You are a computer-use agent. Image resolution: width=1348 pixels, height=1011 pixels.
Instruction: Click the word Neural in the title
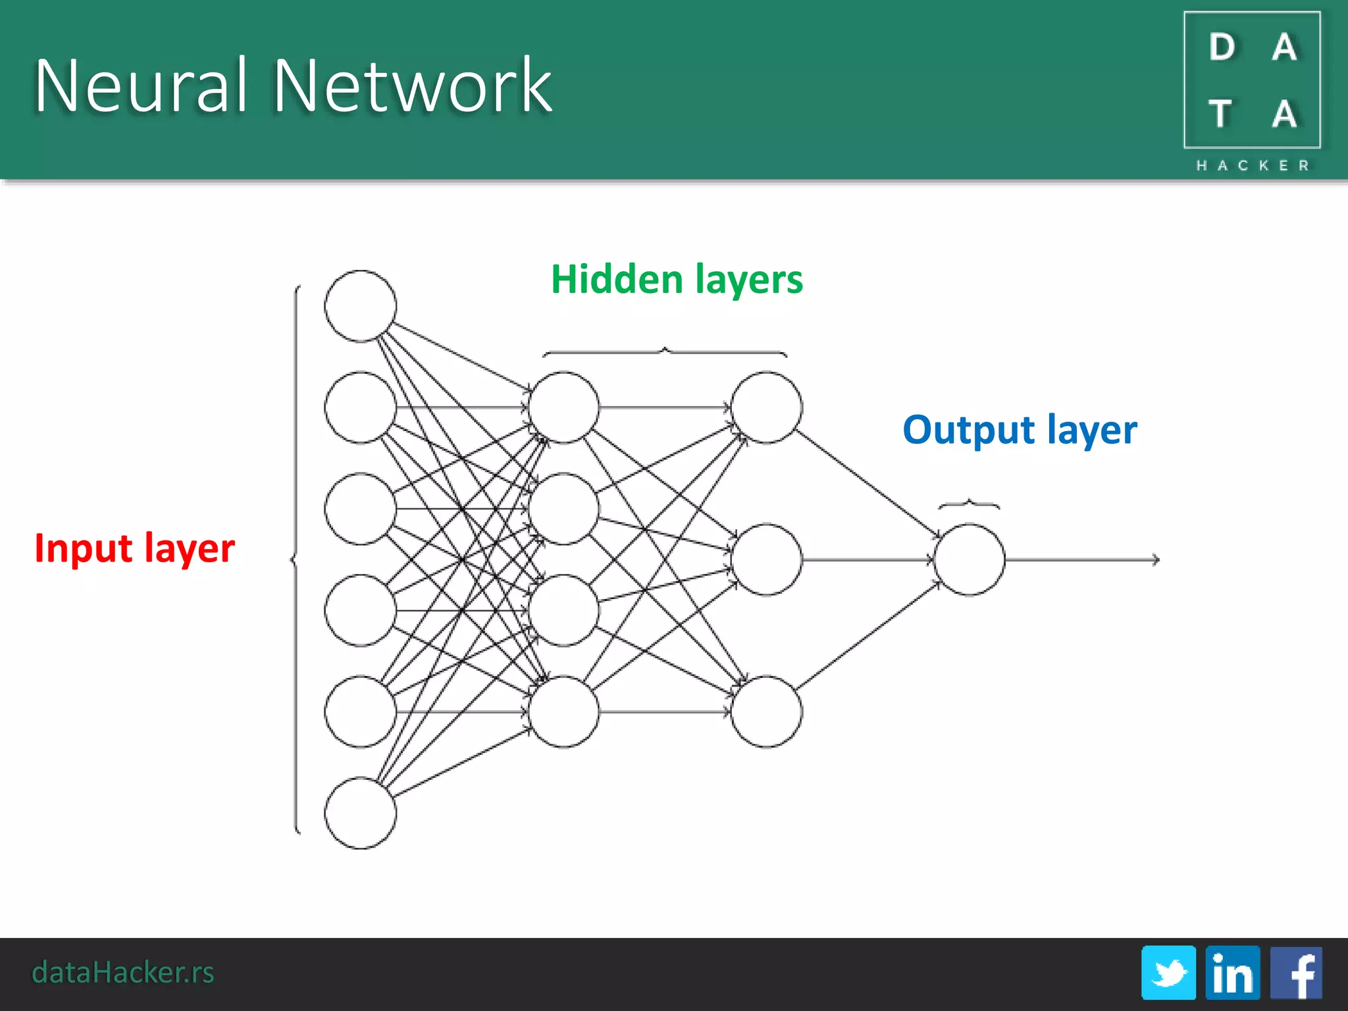pyautogui.click(x=140, y=86)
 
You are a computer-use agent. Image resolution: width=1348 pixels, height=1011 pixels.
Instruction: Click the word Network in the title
pyautogui.click(x=412, y=86)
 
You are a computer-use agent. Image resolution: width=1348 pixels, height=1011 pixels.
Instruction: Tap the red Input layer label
pyautogui.click(x=134, y=548)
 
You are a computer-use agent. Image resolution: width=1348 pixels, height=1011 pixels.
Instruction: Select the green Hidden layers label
pyautogui.click(x=677, y=279)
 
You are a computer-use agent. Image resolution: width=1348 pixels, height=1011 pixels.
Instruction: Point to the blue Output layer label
pyautogui.click(x=1020, y=430)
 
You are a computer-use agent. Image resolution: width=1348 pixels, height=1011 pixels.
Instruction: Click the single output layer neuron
pyautogui.click(x=969, y=559)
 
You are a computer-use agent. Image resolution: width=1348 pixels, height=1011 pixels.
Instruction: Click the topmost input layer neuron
pyautogui.click(x=360, y=306)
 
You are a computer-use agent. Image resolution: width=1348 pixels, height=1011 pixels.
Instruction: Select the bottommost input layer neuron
pyautogui.click(x=360, y=813)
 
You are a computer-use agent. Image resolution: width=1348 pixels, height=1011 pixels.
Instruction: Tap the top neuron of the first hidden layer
pyautogui.click(x=563, y=407)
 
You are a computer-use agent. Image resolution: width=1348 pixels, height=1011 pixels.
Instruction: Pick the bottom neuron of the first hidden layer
pyautogui.click(x=563, y=712)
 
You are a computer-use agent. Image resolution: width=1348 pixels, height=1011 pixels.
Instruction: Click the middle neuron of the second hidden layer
pyautogui.click(x=766, y=559)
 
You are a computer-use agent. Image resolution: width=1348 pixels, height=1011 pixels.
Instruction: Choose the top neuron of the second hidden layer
pyautogui.click(x=766, y=407)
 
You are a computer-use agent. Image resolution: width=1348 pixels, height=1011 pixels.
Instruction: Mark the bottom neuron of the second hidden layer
pyautogui.click(x=766, y=712)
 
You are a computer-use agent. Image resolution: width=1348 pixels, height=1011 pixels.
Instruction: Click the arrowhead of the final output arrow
pyautogui.click(x=1156, y=559)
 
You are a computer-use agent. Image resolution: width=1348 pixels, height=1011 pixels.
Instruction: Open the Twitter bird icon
pyautogui.click(x=1168, y=973)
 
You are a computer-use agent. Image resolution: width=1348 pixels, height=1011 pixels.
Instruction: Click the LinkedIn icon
pyautogui.click(x=1232, y=973)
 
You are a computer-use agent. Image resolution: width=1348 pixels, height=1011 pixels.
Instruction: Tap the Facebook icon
pyautogui.click(x=1296, y=973)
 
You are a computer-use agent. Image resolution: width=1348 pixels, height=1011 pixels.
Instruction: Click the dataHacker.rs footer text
pyautogui.click(x=123, y=972)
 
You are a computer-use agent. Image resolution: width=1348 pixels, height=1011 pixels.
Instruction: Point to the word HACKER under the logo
pyautogui.click(x=1253, y=165)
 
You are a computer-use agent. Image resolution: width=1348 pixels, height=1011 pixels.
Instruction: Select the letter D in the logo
pyautogui.click(x=1222, y=47)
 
